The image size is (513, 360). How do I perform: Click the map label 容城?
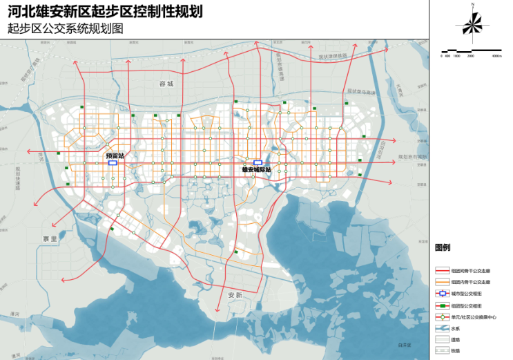[166, 84]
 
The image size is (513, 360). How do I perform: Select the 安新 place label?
[235, 295]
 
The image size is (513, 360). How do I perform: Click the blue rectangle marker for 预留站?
[113, 163]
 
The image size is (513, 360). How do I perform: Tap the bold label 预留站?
[114, 156]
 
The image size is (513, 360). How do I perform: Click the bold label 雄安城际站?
[256, 169]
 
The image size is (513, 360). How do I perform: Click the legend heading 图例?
[442, 247]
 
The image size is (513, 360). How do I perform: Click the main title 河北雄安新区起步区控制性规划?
[104, 12]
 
